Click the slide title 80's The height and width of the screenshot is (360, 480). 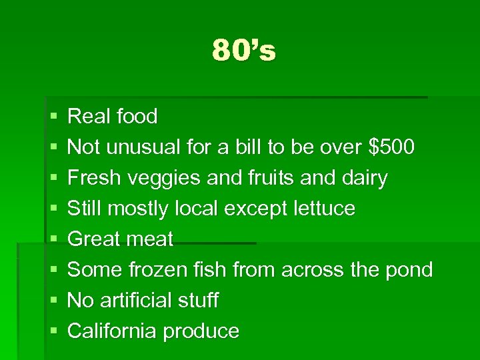click(243, 51)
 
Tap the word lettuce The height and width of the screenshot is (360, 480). click(324, 209)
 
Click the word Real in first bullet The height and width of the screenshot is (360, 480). click(89, 117)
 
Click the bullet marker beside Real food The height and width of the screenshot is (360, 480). click(53, 117)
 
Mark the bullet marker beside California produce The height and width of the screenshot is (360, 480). click(53, 332)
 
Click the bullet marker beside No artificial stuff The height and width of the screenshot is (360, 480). click(53, 301)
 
